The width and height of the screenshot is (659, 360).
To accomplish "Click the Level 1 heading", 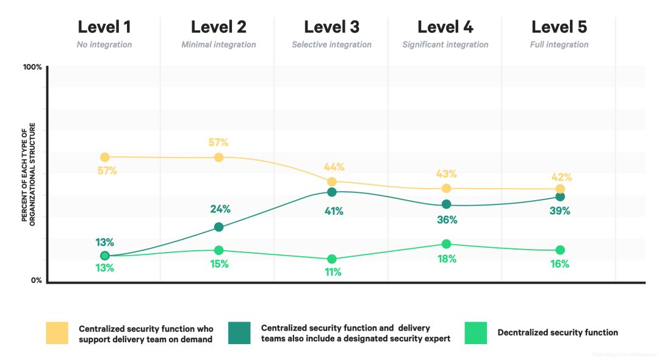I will click(104, 27).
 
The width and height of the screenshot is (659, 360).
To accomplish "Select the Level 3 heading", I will click(331, 27).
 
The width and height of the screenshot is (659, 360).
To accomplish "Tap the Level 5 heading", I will click(560, 27).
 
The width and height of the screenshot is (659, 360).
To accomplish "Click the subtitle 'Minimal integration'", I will click(218, 45).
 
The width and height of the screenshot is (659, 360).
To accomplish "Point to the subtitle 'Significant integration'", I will click(445, 45).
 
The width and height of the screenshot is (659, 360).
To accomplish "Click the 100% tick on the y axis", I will click(32, 67).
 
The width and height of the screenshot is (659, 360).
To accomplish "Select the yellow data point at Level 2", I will click(218, 157).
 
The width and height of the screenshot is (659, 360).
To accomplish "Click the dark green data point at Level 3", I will click(332, 192).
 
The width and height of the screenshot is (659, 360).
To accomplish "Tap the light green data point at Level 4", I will click(446, 244).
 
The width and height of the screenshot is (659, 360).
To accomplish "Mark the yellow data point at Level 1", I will click(105, 157).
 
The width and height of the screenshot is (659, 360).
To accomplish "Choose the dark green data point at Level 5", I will click(560, 196).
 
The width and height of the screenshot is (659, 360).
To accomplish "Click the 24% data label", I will click(220, 209).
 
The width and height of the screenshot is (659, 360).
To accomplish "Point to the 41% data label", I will click(334, 212).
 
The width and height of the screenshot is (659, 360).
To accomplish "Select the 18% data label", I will click(447, 259).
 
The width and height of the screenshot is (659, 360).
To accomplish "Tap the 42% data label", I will click(561, 178).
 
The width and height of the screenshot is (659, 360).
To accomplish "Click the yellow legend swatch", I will click(57, 333).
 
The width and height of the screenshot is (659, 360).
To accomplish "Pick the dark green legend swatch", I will click(239, 333).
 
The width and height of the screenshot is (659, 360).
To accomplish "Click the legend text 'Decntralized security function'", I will click(558, 333).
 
